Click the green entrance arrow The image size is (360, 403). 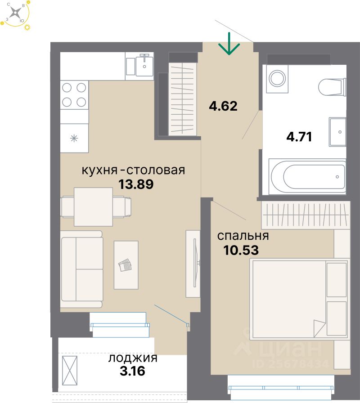229,44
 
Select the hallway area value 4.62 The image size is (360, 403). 223,107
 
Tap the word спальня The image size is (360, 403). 243,236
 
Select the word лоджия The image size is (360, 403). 133,358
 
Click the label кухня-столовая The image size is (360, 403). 133,170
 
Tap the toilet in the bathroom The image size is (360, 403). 332,86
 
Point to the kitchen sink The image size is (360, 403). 144,66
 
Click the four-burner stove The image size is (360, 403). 74,94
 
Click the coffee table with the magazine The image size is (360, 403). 126,265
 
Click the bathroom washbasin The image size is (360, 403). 338,132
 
